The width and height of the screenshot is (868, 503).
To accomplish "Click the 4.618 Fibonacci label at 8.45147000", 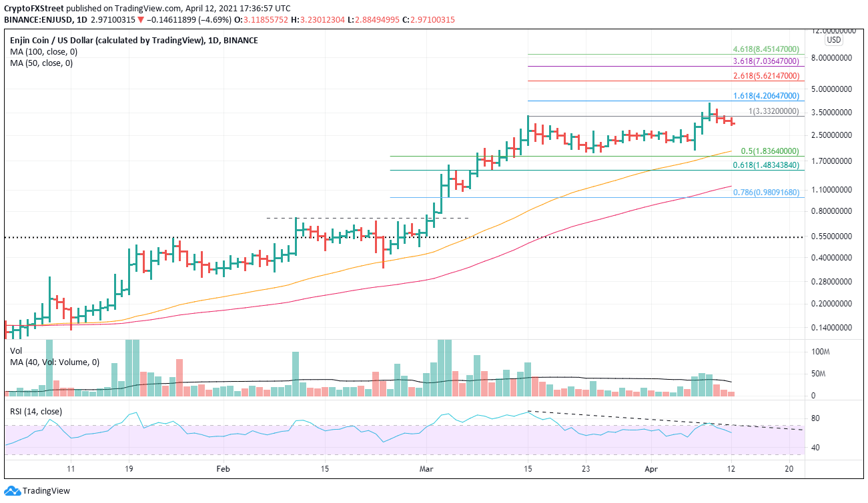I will (x=765, y=49).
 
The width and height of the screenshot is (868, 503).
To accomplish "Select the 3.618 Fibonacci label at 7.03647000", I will (x=765, y=61).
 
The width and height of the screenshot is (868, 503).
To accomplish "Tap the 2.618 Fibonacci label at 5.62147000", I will (x=765, y=75).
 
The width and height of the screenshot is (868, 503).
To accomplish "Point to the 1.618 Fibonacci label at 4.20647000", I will (x=765, y=95).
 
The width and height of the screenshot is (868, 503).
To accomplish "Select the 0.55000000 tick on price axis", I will (x=834, y=237).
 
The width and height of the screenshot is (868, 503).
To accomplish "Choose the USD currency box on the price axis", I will (x=834, y=40).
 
